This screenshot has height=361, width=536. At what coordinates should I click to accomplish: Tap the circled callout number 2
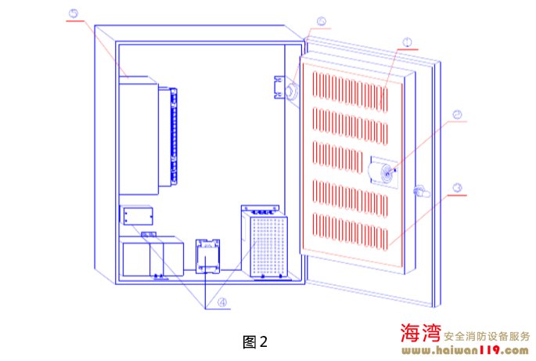(x=456, y=114)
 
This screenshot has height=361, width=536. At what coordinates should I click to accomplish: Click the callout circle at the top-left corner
(x=74, y=13)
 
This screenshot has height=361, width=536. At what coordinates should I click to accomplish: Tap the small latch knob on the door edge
(x=419, y=190)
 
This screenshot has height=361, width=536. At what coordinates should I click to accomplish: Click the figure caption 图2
(x=256, y=341)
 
